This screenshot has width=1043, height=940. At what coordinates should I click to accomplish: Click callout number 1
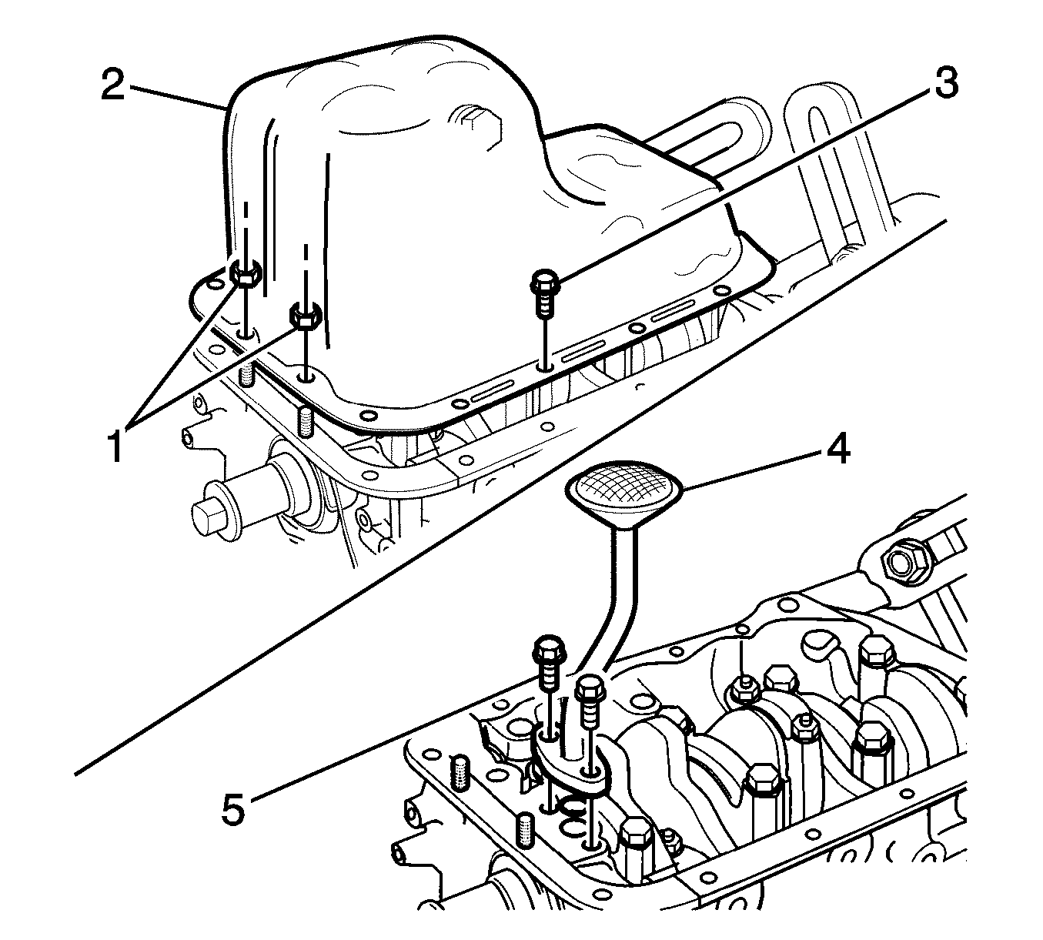[x=115, y=445]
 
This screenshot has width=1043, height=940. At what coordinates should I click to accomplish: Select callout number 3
[x=945, y=82]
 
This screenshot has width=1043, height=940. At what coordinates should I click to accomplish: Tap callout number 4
[x=837, y=450]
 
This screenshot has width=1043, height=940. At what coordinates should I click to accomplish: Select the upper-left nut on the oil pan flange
[x=245, y=273]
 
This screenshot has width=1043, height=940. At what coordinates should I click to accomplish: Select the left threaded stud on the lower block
[x=460, y=774]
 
